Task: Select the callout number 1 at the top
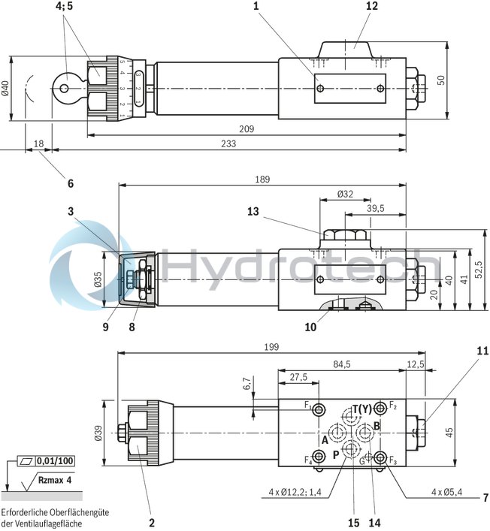[256, 6]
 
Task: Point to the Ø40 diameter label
[5, 87]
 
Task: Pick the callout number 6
[71, 183]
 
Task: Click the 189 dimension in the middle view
[262, 180]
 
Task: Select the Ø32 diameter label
[345, 194]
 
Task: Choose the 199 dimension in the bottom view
[271, 347]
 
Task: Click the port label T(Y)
[361, 409]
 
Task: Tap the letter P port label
[336, 454]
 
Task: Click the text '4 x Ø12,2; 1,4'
[296, 493]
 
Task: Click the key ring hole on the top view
[65, 88]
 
